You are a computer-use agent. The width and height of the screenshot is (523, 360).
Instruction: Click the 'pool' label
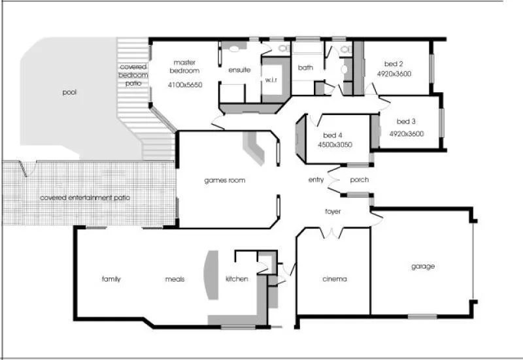point(69,93)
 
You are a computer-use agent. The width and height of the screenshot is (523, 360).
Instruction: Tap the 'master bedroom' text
point(185,66)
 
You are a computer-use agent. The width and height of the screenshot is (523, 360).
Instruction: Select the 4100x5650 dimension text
point(185,85)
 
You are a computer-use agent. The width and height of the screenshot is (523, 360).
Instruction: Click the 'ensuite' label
point(239,70)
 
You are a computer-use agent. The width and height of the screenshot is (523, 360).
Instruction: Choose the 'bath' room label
point(305,67)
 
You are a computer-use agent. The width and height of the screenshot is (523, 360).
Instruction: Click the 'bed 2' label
point(394,64)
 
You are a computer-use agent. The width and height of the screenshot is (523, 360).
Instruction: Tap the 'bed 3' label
point(406,122)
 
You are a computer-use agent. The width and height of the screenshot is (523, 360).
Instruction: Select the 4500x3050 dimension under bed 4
point(335,144)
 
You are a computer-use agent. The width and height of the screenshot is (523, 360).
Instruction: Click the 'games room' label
point(224,180)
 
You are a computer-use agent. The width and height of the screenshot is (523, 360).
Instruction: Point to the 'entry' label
point(317,180)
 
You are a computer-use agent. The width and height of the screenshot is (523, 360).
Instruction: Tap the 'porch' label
point(359,180)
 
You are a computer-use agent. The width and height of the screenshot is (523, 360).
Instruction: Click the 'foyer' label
point(333,212)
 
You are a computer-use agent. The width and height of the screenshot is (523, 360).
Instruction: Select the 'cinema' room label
point(334,279)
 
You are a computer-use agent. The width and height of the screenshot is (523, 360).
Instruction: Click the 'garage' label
point(423,267)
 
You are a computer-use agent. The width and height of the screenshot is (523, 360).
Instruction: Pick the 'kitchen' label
point(237,279)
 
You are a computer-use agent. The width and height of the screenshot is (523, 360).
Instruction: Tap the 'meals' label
point(175,279)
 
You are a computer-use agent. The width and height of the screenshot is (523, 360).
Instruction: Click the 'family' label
point(111,279)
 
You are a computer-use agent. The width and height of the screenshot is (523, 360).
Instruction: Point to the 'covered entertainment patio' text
point(85,197)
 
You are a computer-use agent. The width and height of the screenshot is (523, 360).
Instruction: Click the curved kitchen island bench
point(212,275)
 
